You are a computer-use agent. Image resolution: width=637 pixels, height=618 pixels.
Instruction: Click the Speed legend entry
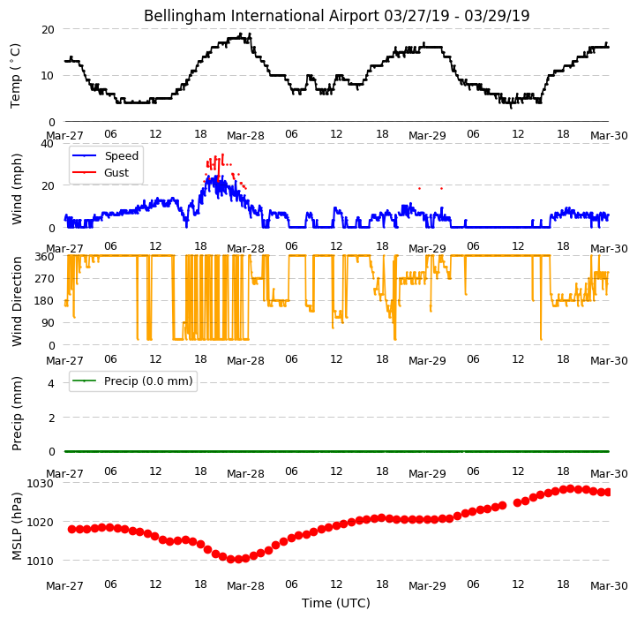coord(105,155)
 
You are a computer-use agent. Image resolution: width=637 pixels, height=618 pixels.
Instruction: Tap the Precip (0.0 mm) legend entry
coord(132,381)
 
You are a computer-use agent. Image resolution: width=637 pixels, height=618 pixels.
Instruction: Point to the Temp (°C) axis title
coord(15,76)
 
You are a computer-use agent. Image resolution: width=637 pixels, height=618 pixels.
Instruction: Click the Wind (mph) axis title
coord(17,189)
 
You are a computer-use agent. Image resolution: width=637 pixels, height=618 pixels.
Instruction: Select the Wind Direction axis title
coord(17,301)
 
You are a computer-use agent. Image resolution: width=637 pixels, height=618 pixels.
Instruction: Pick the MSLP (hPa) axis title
coord(17,526)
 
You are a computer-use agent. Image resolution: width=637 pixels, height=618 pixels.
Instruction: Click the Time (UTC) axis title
coord(336,603)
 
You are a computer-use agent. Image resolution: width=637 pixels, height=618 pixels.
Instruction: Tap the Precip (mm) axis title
coord(17,413)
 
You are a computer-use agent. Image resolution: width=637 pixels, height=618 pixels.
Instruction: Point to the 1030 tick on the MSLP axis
coord(41,484)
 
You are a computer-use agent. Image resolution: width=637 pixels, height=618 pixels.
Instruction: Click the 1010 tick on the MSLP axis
coord(41,561)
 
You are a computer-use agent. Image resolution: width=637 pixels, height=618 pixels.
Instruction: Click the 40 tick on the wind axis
coord(48,144)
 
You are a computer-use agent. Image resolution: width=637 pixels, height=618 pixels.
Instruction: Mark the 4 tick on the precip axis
coord(51,383)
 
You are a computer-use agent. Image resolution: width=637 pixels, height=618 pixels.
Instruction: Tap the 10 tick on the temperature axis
coord(48,76)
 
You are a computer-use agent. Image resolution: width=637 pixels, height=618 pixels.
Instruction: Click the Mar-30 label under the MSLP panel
coord(609,586)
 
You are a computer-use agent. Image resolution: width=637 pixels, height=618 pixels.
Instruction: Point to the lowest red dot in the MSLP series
coord(238,560)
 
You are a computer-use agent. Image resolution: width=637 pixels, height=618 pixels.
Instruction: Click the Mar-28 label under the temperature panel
coord(245,135)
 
